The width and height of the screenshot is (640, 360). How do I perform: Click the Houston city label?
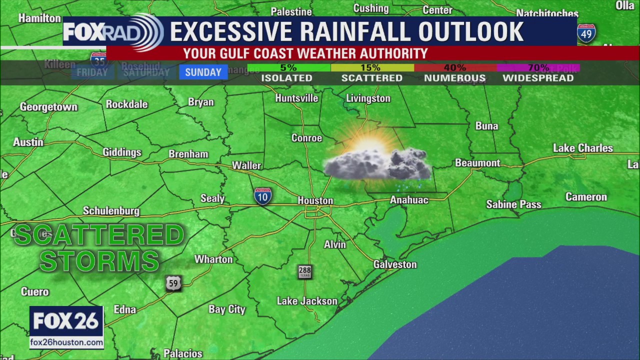coord(315,200)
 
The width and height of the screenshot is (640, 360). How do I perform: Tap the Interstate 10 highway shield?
coord(263,196)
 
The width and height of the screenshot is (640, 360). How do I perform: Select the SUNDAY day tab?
coord(203,72)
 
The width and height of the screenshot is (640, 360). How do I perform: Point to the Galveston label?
coord(395,264)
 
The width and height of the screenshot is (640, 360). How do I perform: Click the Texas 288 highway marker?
coord(304,272)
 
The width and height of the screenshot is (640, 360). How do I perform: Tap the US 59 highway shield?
coord(173,283)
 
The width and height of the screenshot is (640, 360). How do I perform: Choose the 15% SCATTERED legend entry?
coord(371,73)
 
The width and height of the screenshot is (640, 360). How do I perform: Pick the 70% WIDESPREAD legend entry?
coord(538,73)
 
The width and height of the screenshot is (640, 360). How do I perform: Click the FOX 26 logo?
coord(66,321)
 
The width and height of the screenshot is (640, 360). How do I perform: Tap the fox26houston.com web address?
coord(66,342)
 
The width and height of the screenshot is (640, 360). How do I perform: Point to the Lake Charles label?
coord(582,148)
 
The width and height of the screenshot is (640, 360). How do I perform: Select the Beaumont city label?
coord(477,163)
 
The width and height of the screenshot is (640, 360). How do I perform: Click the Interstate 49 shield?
coord(586,34)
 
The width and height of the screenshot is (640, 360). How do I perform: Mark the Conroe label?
coord(306,138)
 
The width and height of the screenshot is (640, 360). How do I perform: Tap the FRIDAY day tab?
coord(92,72)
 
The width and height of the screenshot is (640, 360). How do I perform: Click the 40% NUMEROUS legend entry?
coord(454,73)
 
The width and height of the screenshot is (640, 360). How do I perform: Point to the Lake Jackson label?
coord(307,301)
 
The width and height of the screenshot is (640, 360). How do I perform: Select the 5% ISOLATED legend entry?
coord(287,73)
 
